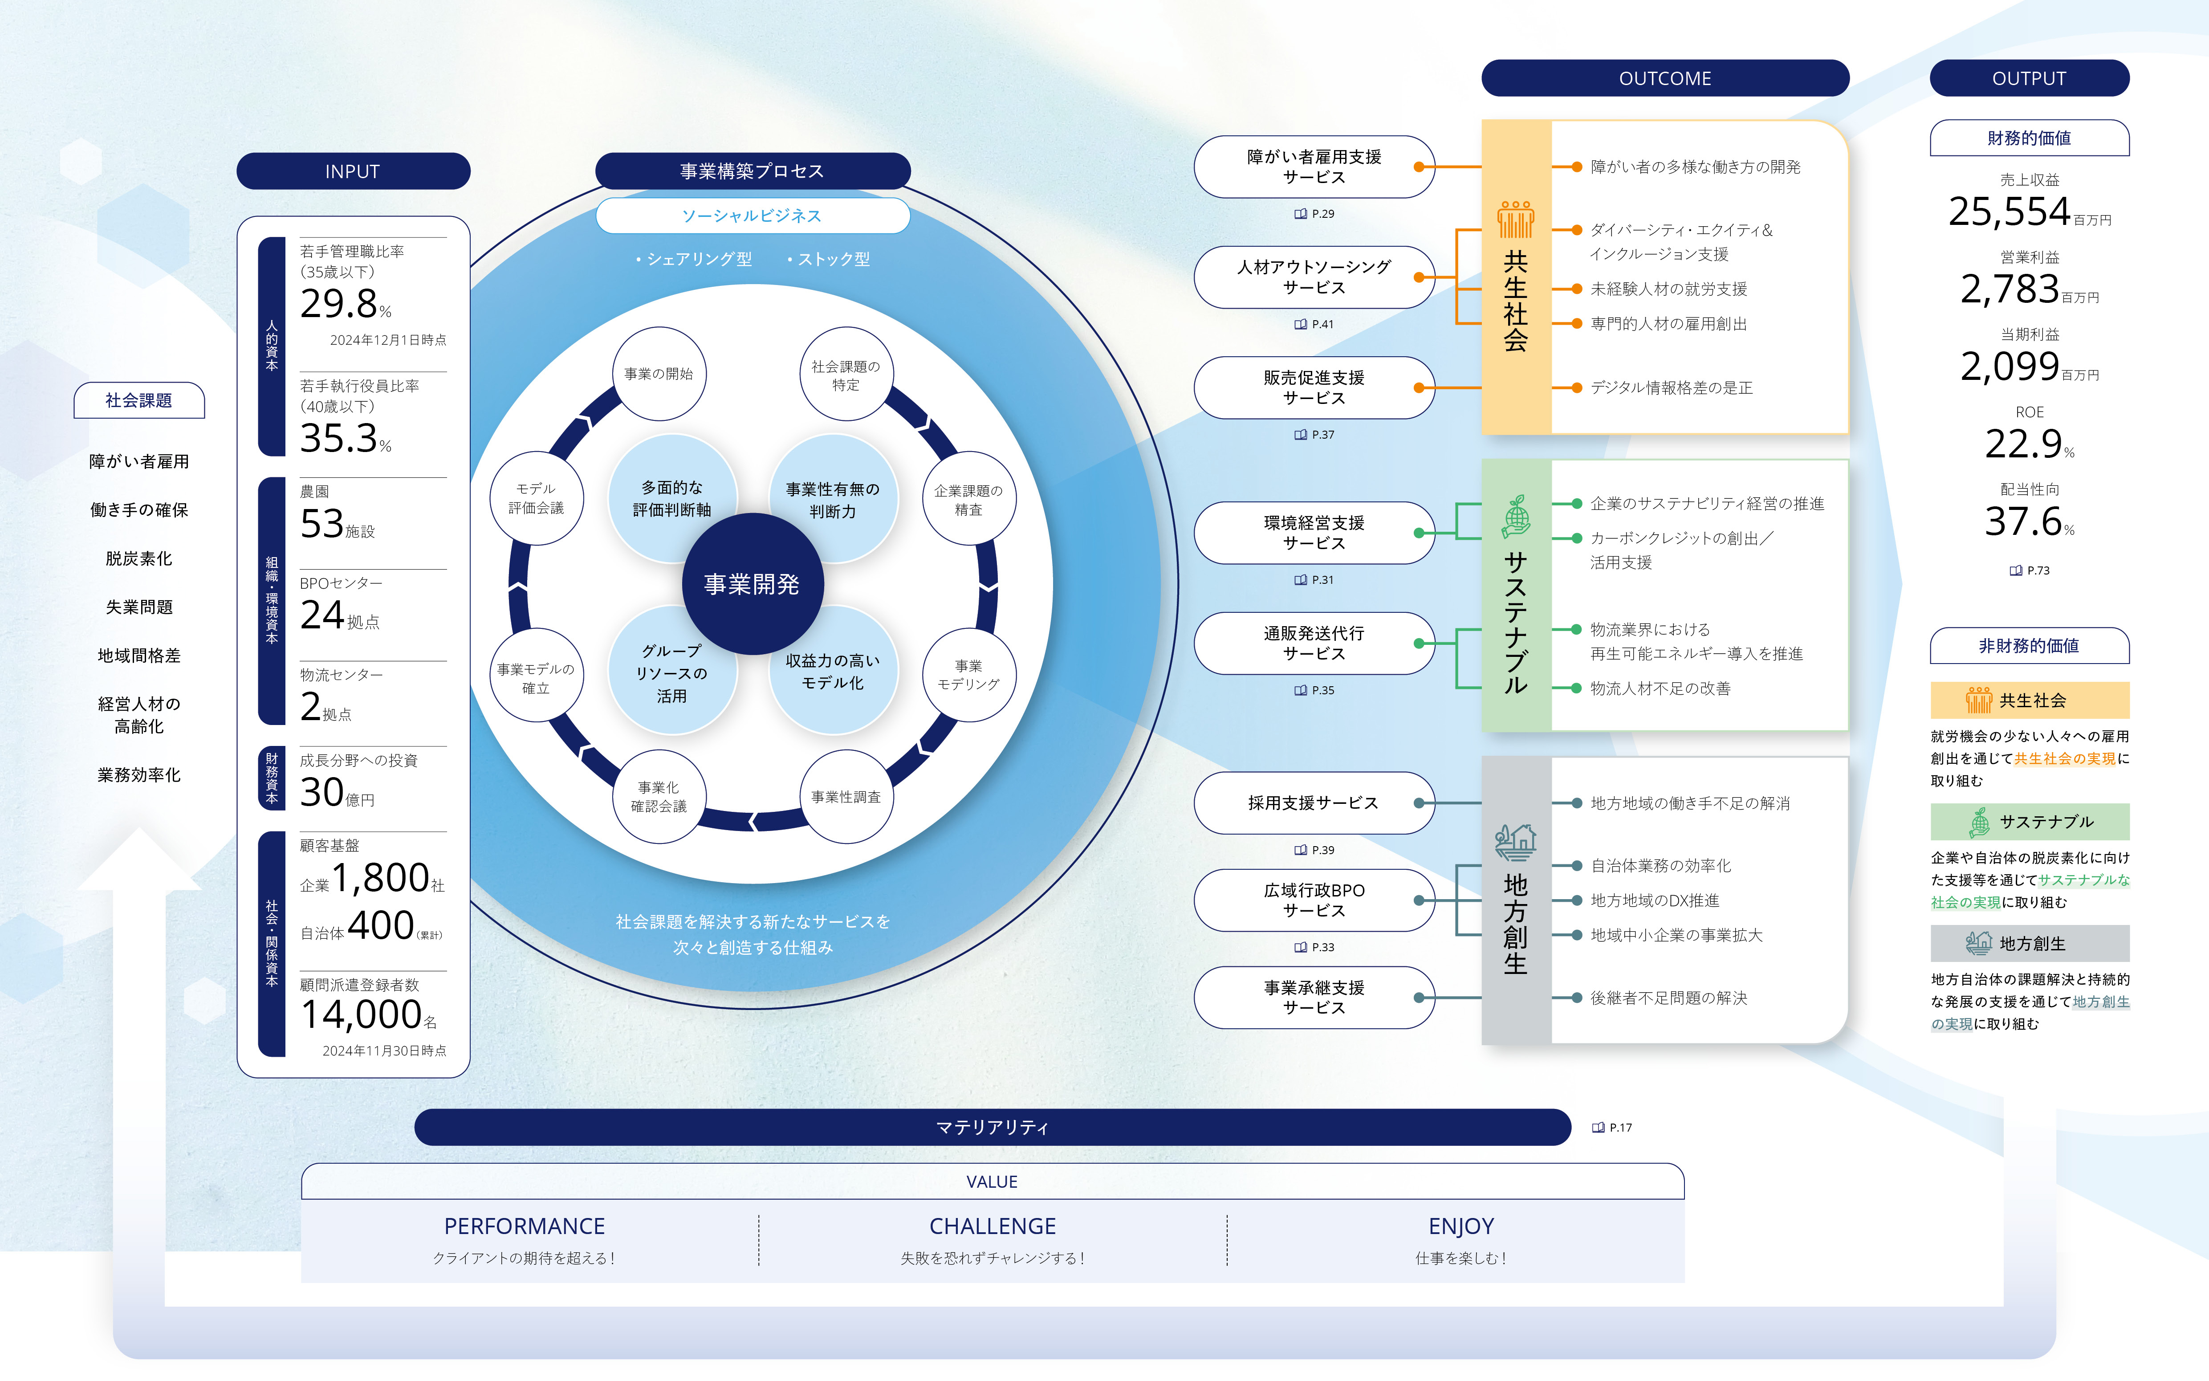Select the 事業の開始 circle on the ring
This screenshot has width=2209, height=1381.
[x=659, y=374]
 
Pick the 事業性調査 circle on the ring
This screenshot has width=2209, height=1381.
[x=846, y=796]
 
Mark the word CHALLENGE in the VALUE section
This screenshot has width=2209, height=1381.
[x=993, y=1226]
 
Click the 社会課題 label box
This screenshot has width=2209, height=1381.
[x=139, y=400]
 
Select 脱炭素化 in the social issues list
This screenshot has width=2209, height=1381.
[x=139, y=558]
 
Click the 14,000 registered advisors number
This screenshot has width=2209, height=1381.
[x=362, y=1014]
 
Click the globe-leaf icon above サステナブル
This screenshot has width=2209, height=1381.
[x=1516, y=517]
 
